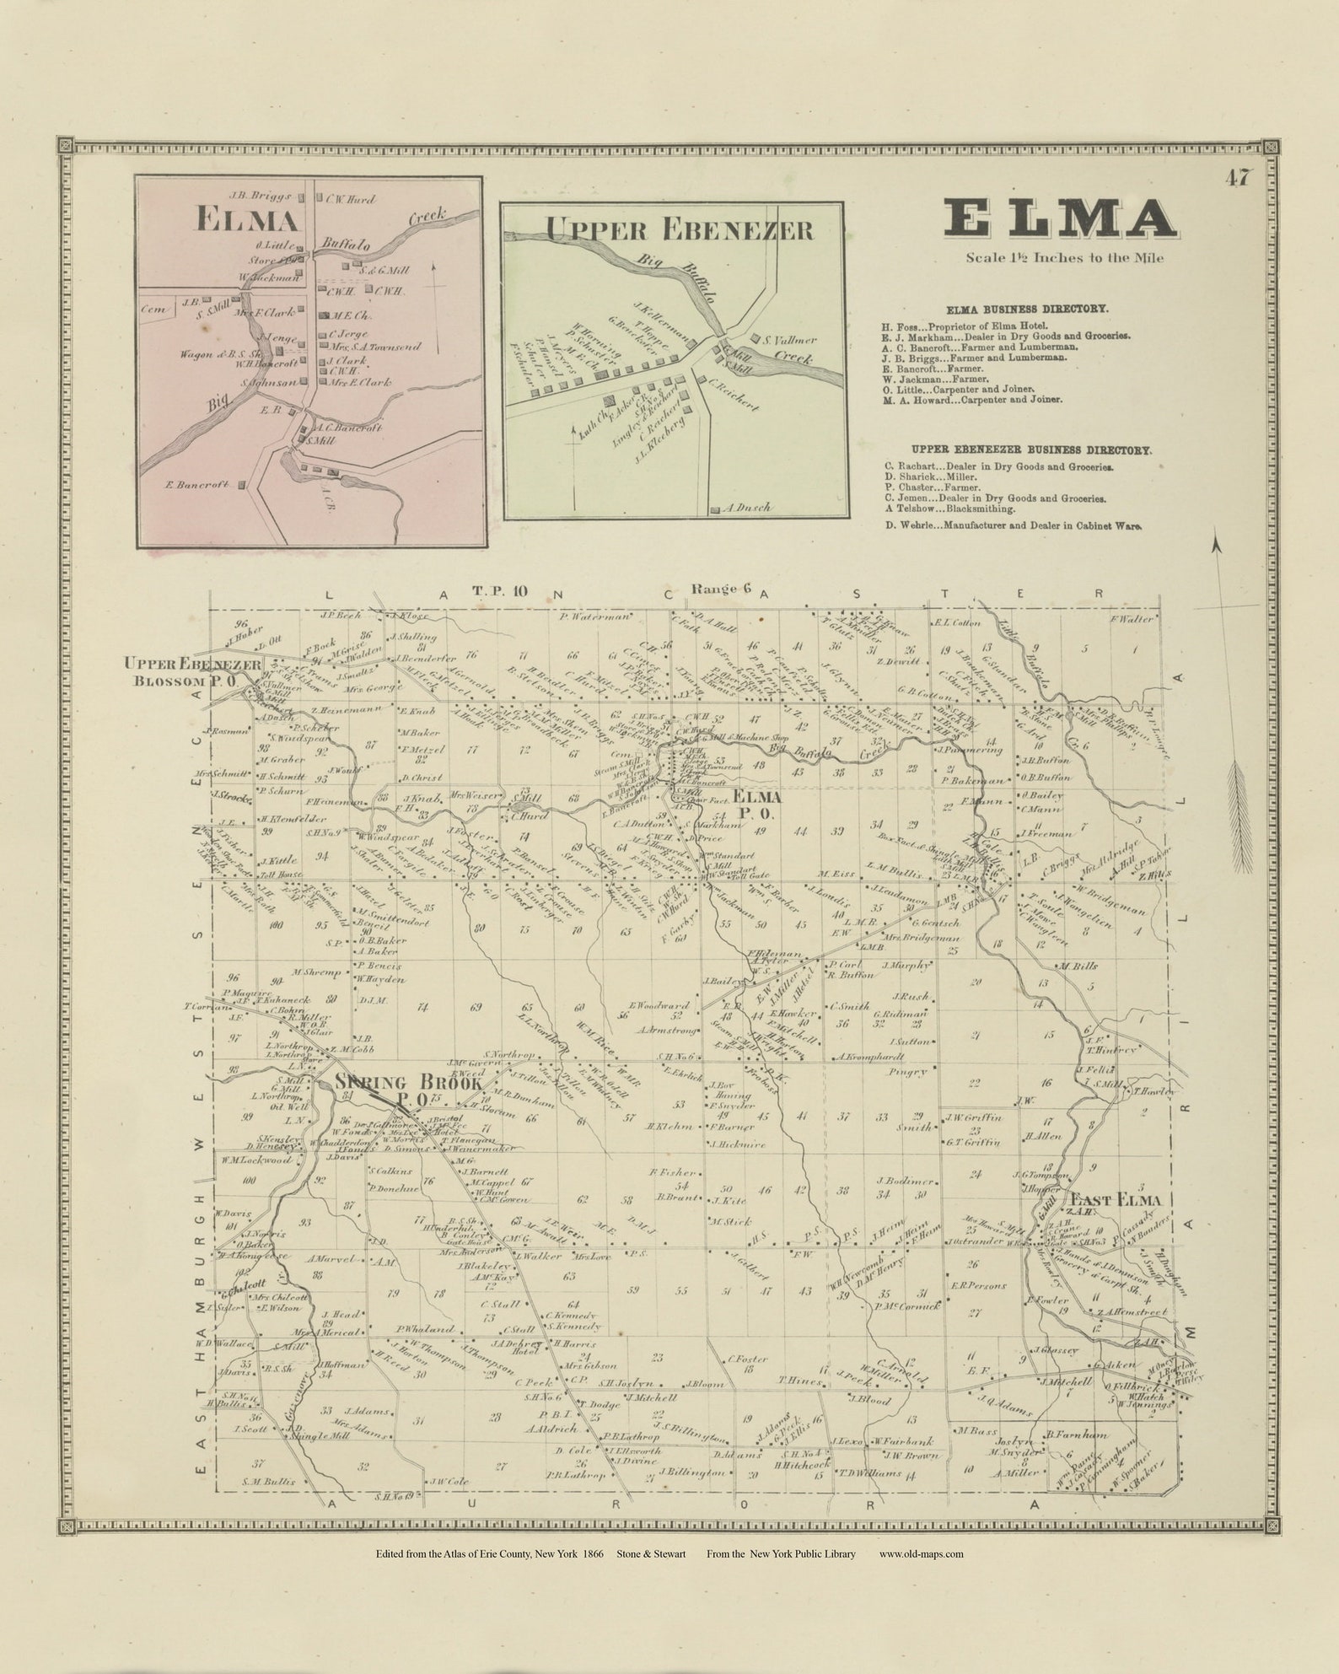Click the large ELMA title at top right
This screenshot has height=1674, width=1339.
pos(1058,218)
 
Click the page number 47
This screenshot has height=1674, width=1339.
pos(1240,178)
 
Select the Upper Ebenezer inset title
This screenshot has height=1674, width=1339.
pos(679,229)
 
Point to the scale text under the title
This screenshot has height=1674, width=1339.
pos(1064,258)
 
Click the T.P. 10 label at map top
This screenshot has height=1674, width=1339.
pos(500,590)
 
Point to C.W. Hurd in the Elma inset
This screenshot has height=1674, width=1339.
pos(347,200)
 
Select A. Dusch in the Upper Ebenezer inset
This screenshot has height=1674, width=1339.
pos(746,509)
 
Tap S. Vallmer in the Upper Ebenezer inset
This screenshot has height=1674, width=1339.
pos(789,341)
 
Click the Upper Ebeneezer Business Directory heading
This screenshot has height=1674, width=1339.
pos(1018,450)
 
